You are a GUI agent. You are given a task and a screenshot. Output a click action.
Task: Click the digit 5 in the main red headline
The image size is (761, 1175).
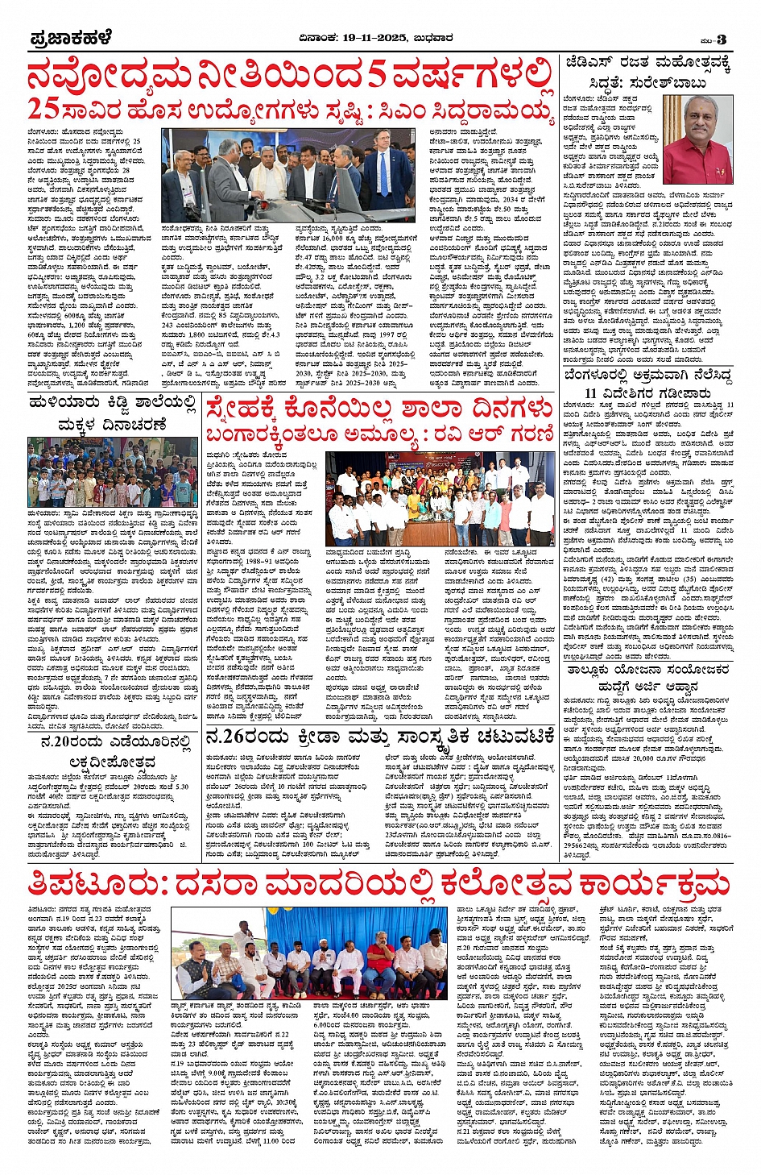(377, 76)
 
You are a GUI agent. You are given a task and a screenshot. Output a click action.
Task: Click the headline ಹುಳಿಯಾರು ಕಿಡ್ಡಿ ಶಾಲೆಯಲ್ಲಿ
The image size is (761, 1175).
(112, 401)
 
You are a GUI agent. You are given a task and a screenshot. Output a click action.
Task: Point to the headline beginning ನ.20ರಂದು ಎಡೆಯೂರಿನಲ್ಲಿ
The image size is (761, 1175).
(116, 741)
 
